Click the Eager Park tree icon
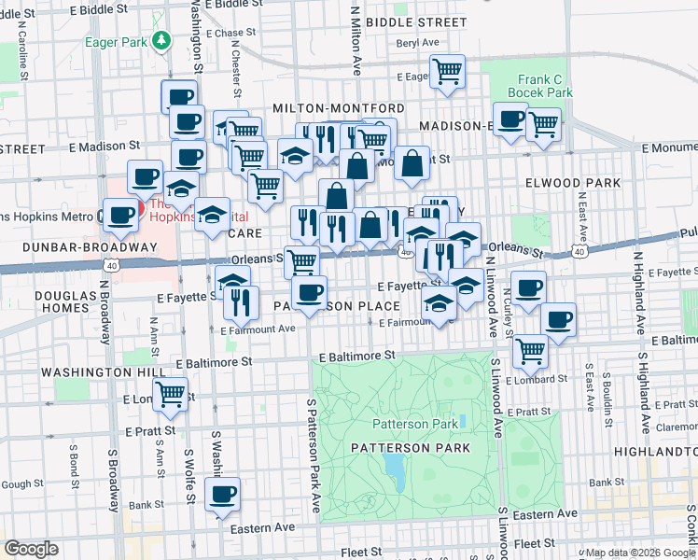tap(162, 40)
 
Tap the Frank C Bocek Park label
tap(539, 86)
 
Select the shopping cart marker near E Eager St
tap(447, 71)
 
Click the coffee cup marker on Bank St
tap(222, 495)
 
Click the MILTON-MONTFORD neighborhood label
tap(338, 109)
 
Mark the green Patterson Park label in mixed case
tap(415, 424)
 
